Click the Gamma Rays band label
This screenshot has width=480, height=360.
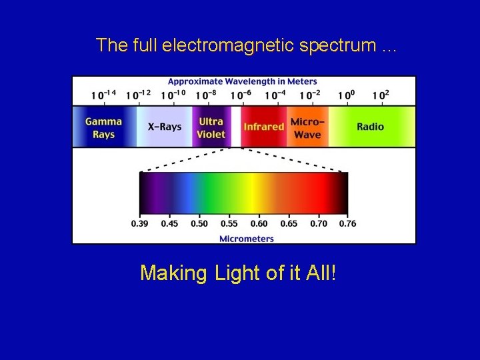coord(103,127)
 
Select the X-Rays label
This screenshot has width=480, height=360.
coord(164,127)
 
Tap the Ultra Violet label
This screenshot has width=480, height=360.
coord(211,127)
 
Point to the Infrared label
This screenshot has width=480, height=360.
coord(263,127)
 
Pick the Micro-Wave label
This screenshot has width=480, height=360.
coord(307,128)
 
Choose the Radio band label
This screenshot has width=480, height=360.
coord(370,127)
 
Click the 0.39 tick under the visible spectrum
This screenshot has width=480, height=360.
coord(139,223)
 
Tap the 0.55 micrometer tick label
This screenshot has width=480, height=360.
coord(229,223)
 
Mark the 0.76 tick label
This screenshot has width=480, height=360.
coord(347,223)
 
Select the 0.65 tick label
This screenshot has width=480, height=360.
coord(289,223)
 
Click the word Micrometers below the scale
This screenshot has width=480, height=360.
coord(247,238)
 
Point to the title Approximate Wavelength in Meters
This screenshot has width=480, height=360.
coord(243,81)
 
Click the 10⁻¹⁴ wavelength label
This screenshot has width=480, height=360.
coord(103,95)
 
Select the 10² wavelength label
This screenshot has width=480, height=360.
coord(379,95)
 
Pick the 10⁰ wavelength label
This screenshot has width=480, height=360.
coord(345,95)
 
